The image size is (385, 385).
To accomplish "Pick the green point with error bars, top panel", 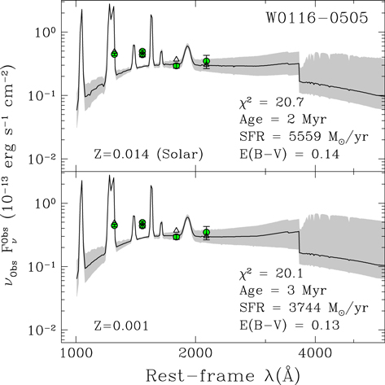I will [x=206, y=61].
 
